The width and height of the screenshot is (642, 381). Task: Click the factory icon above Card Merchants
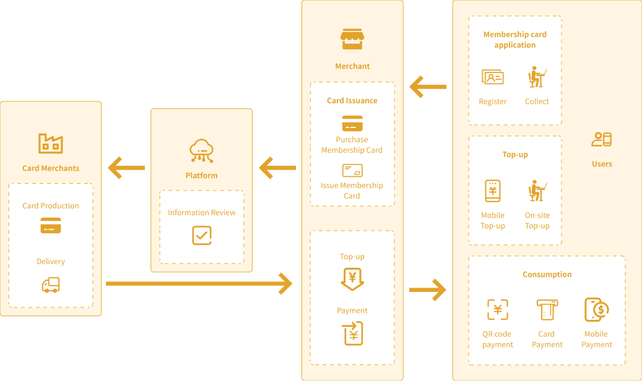pos(51,143)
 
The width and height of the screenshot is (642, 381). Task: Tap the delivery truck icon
pos(51,285)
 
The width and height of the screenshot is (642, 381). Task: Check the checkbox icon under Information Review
pos(202,235)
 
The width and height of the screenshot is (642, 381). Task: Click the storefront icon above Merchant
pos(352,39)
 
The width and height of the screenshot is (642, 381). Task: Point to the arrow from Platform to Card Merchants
pos(126,168)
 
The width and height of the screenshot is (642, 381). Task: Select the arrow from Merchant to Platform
pos(277,168)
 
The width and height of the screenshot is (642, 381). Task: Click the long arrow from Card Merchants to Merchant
pos(199,283)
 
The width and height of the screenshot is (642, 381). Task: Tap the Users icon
pos(602,140)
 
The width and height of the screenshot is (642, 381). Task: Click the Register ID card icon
pos(493,78)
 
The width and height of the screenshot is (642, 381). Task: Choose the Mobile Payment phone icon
pos(597,310)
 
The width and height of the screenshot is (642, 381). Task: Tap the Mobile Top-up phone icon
pos(493,191)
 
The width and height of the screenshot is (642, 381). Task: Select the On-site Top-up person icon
pos(537,191)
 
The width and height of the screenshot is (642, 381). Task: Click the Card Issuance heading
pos(352,101)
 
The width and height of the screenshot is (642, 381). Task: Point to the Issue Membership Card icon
pos(352,170)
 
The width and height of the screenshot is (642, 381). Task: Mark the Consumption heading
pos(547,275)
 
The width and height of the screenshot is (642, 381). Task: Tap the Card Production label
pos(51,206)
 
